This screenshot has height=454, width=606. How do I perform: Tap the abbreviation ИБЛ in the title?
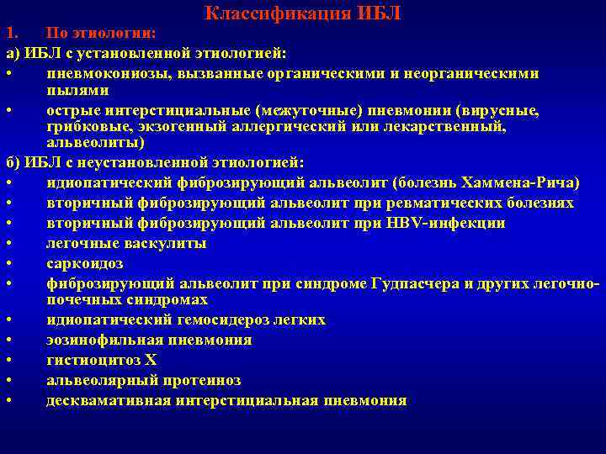[382, 13]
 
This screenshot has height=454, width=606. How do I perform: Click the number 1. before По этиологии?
[11, 33]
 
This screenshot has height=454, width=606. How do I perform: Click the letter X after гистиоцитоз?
[151, 361]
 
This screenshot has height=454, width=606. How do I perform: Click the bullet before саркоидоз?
[8, 263]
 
